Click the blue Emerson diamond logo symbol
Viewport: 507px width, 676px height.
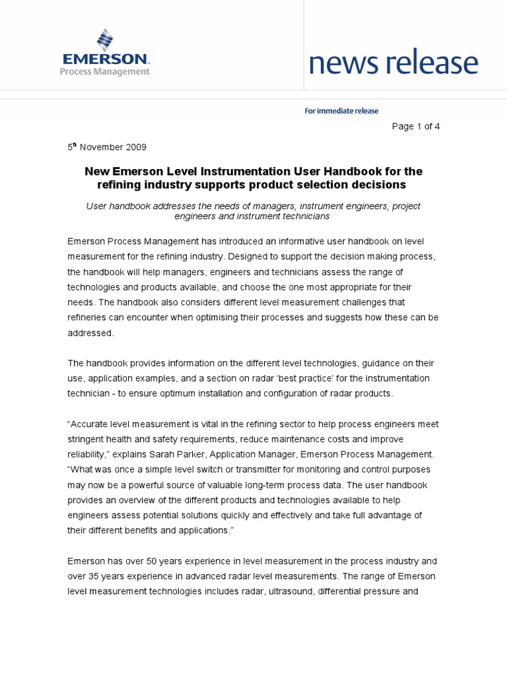tap(104, 40)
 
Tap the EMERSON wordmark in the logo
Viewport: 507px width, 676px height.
tap(104, 59)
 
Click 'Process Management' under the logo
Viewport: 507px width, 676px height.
tap(104, 71)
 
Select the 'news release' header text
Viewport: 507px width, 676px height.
tap(393, 63)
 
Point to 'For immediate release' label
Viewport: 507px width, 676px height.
tap(341, 111)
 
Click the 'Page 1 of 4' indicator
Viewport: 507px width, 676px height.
tap(416, 127)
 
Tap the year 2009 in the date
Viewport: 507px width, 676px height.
tap(135, 147)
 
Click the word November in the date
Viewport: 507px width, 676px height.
tap(101, 147)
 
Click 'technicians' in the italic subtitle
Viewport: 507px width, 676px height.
tap(306, 216)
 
